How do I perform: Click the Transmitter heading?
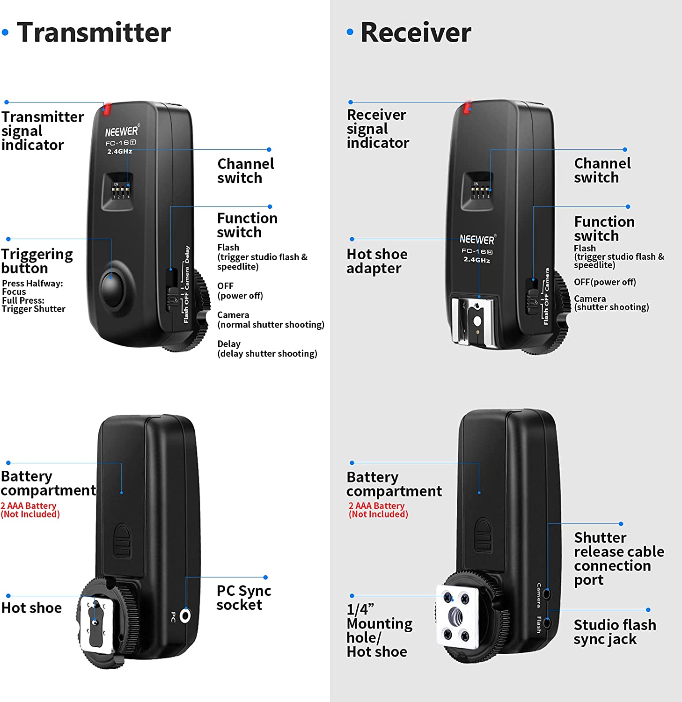[x=94, y=33]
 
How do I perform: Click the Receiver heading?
[x=416, y=33]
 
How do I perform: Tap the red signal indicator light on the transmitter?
[x=107, y=109]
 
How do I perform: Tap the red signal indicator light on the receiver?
[x=467, y=108]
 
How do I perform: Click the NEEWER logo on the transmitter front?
[x=122, y=132]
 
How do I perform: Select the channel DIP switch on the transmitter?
[x=121, y=191]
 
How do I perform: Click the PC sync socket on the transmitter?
[x=185, y=615]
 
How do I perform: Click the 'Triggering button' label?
[x=37, y=261]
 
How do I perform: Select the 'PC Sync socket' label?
[x=244, y=598]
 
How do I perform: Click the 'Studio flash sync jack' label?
[x=615, y=632]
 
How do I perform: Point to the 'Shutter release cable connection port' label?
[x=619, y=559]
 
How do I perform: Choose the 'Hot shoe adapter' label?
[x=377, y=261]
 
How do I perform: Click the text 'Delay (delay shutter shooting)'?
[x=267, y=349]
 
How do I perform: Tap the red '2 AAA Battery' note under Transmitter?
[x=29, y=505]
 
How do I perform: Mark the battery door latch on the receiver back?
[x=483, y=535]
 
